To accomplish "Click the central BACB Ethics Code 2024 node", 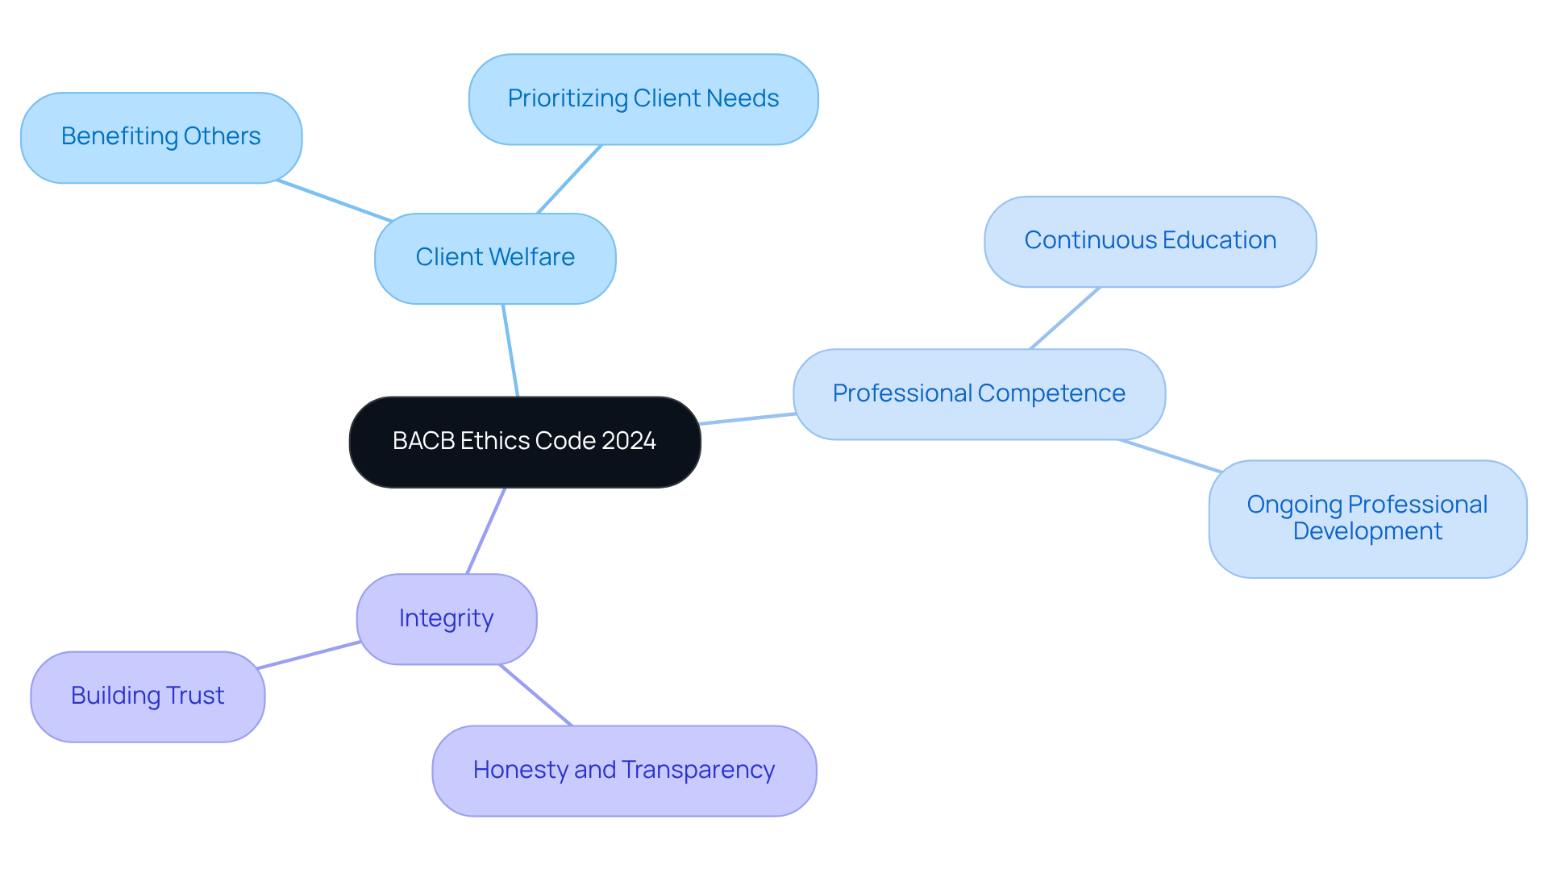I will click(524, 442).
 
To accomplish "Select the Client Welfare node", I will click(495, 258).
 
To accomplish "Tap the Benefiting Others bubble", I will click(161, 137).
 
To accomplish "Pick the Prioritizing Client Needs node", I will click(643, 99).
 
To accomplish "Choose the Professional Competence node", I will click(979, 393).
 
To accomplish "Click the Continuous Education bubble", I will click(1150, 241).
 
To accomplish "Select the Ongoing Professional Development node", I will click(1367, 518).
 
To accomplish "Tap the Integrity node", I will click(447, 619).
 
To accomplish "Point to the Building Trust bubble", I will click(148, 696).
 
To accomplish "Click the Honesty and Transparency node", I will click(624, 771).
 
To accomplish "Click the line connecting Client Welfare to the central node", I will click(510, 351).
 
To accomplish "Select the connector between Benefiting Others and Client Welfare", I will click(335, 201).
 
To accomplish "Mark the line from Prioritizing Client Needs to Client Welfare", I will click(569, 179).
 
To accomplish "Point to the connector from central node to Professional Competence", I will click(747, 418).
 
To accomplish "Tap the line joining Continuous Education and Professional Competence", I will click(1065, 318).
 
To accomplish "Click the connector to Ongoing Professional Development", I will click(1171, 455).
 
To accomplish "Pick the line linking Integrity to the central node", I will click(486, 530).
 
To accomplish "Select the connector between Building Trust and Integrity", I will click(309, 655).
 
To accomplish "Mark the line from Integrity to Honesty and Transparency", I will click(536, 695).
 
